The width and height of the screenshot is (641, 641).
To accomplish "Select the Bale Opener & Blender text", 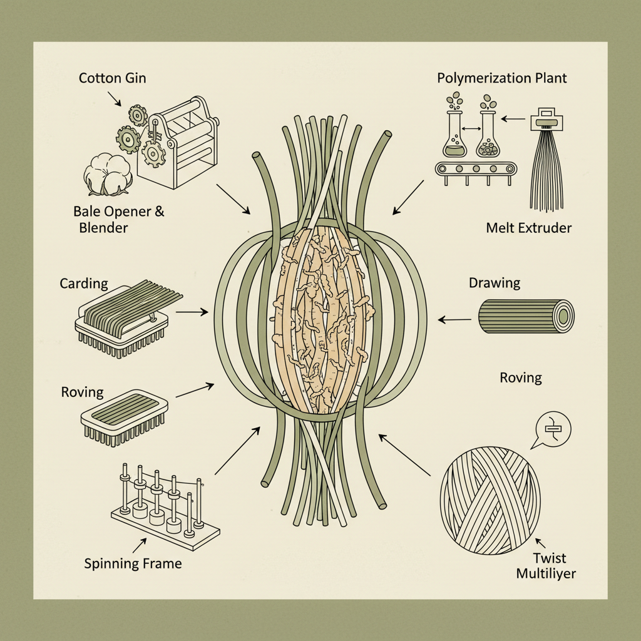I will click(x=118, y=218).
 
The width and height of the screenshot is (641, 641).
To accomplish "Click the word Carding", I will click(x=84, y=284).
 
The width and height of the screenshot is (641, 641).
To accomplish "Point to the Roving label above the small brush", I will click(x=82, y=392).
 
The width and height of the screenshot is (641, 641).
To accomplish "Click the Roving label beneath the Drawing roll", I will click(x=521, y=377).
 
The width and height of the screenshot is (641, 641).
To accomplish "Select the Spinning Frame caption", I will click(x=133, y=563).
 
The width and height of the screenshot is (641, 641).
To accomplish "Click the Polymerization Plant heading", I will click(x=502, y=78).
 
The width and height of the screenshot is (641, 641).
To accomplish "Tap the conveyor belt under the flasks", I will click(x=476, y=168).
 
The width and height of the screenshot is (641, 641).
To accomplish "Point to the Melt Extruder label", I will click(x=528, y=228).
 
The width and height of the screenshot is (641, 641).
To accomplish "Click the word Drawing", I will click(x=495, y=283).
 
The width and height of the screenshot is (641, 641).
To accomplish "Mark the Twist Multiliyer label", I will click(x=546, y=566).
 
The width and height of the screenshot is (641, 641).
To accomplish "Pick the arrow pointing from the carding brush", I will click(x=192, y=311).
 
